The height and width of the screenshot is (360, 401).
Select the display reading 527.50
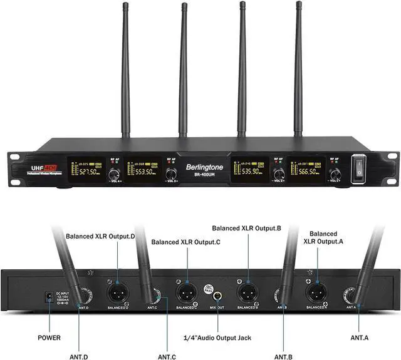coord(87,170)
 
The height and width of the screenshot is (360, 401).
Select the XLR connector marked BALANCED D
coord(118,292)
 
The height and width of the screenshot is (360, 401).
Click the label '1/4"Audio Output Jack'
coord(217,338)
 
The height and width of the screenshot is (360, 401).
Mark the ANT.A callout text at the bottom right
coord(359,338)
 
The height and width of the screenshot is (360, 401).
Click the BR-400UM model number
coord(202,177)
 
